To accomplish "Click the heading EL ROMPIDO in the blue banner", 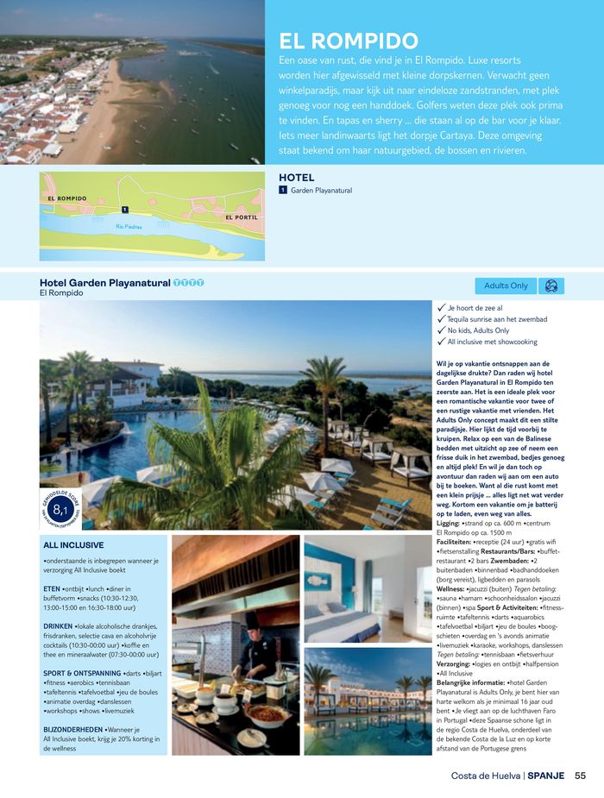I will (x=349, y=41).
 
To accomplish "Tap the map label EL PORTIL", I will (x=242, y=217).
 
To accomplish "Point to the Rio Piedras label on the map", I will (x=129, y=227).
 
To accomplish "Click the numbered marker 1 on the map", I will (x=125, y=210).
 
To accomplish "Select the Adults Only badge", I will (x=506, y=286).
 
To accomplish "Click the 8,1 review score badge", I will (x=60, y=509).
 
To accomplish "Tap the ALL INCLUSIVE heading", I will (x=73, y=545).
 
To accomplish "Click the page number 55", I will (x=580, y=776).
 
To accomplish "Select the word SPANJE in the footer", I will (x=546, y=776).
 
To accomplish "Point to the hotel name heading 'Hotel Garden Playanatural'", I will (x=104, y=282).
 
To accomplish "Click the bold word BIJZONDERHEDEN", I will (x=73, y=729).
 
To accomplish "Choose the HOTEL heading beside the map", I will (x=296, y=178).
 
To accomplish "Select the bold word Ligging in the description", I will (x=449, y=523).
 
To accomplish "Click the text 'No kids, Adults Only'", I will (x=478, y=330).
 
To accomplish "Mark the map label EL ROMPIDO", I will (x=67, y=198).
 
